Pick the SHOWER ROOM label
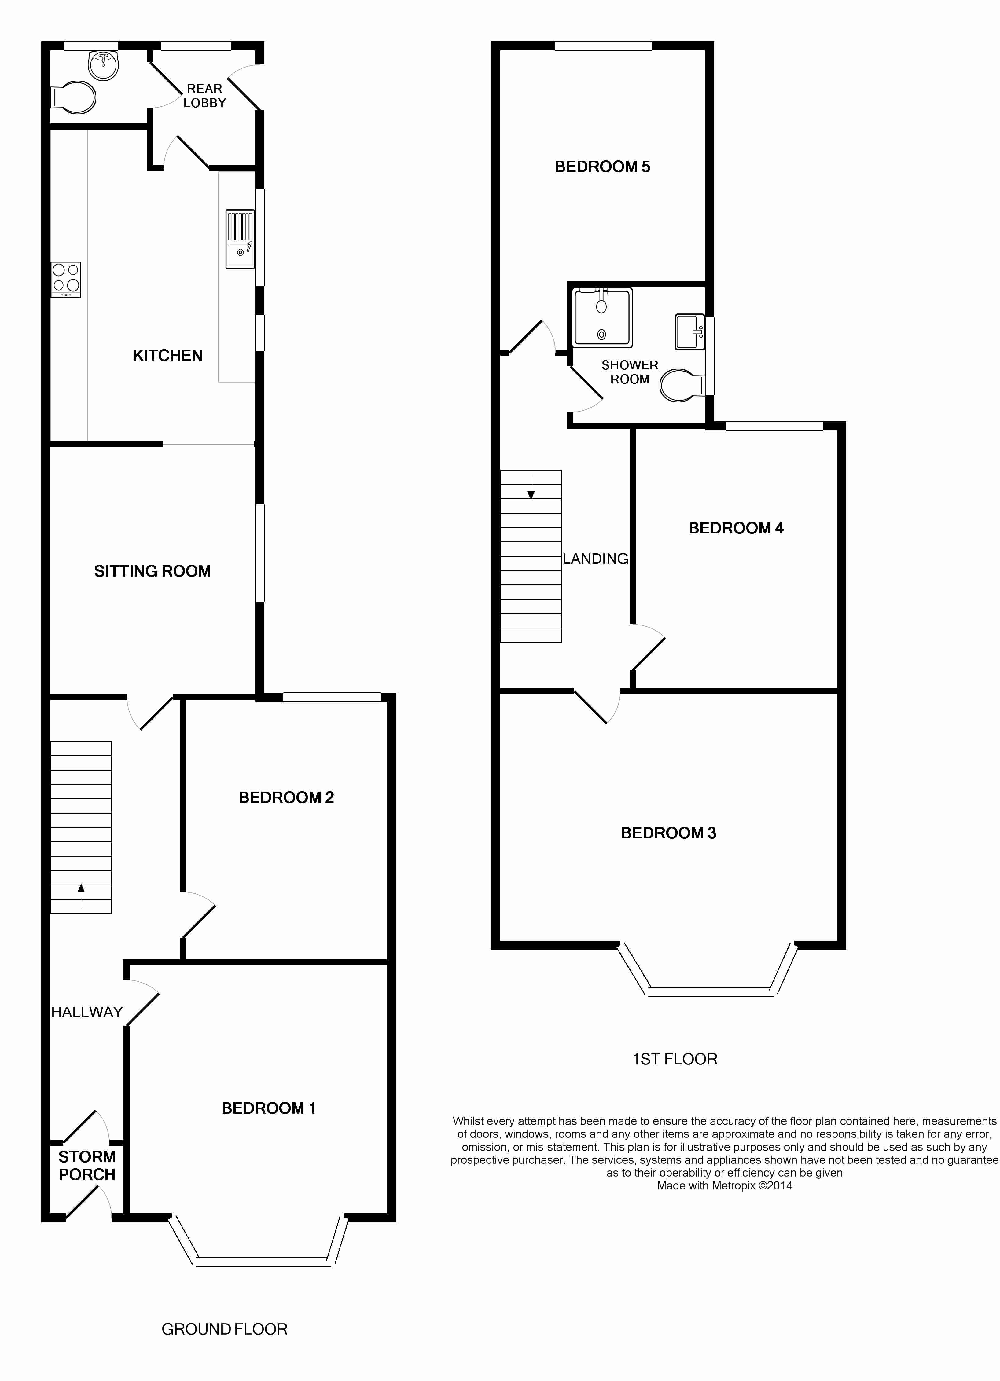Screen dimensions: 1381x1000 point(630,372)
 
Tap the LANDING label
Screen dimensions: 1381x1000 point(595,559)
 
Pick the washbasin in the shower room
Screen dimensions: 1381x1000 point(690,332)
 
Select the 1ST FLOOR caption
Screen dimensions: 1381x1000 point(675,1059)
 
